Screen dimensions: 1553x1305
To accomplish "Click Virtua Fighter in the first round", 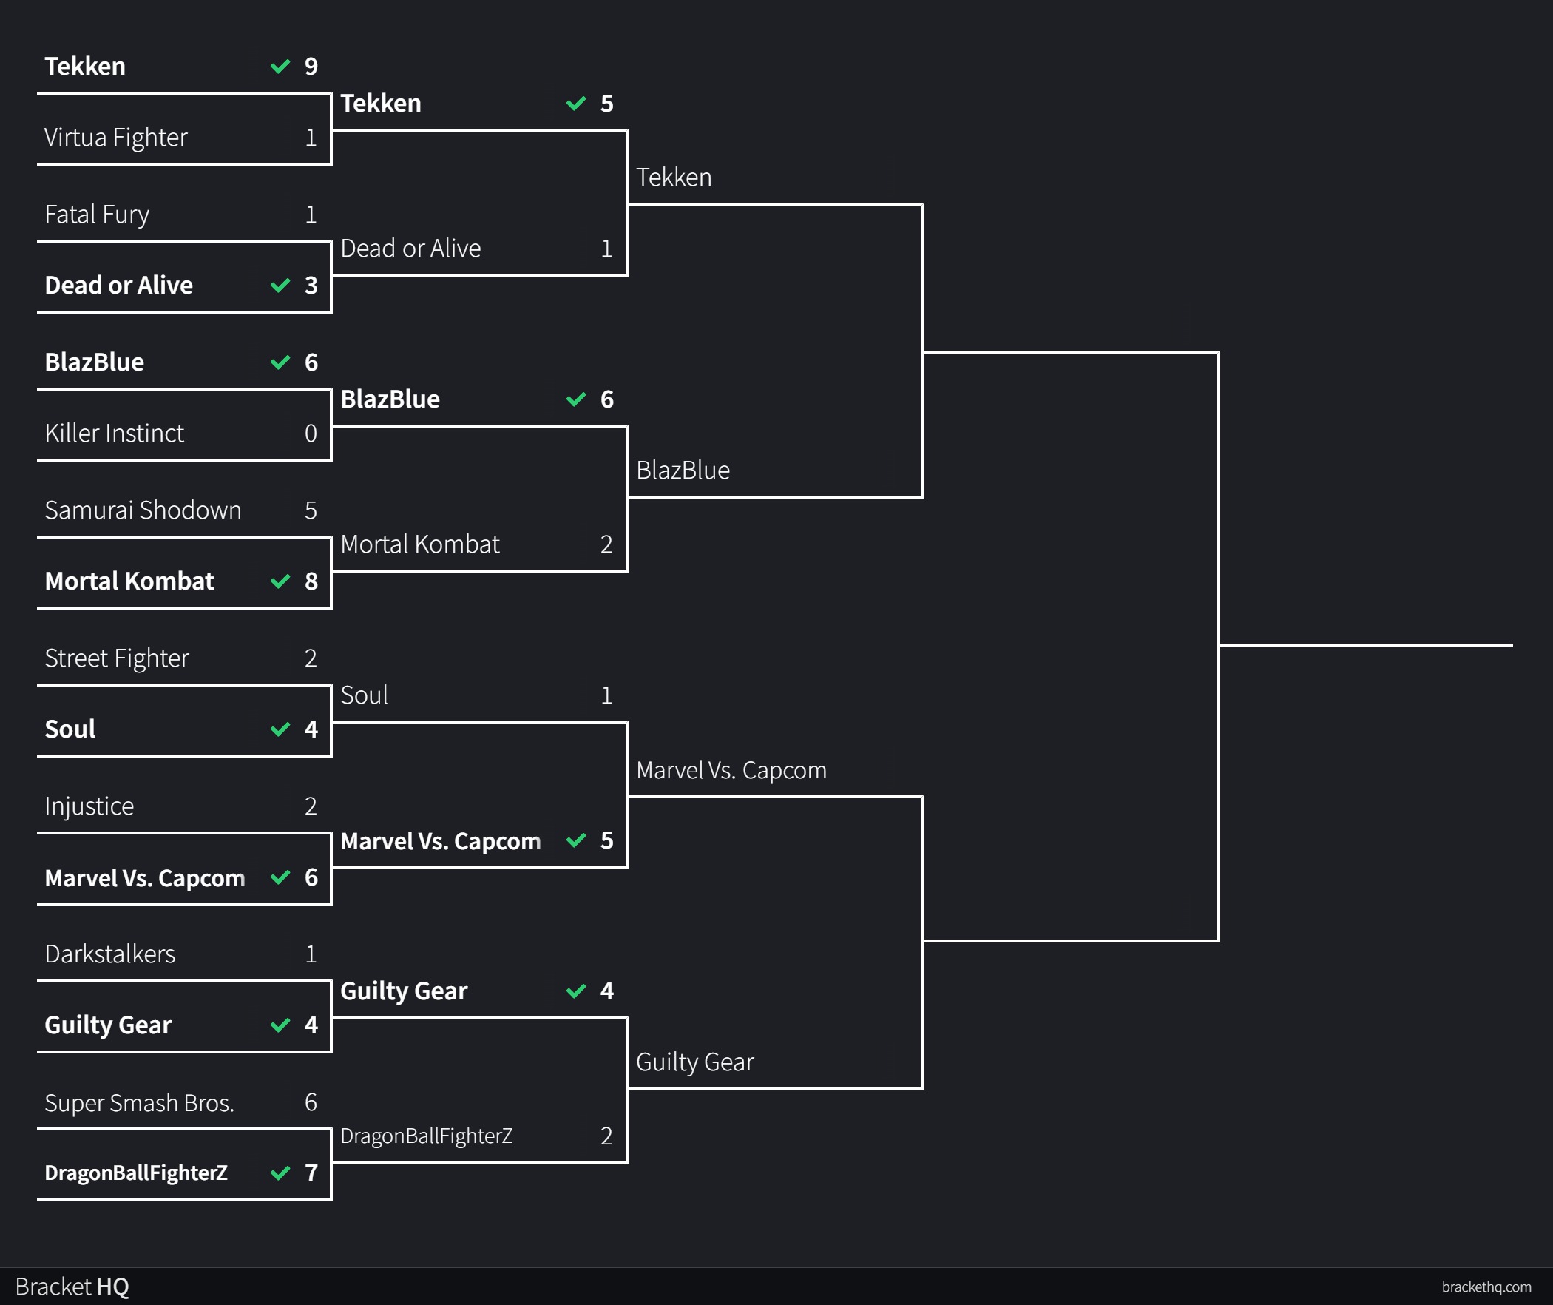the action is click(x=116, y=138).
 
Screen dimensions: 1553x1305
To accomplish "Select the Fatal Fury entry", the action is click(x=97, y=215).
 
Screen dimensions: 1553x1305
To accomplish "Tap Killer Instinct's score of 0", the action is click(x=311, y=434).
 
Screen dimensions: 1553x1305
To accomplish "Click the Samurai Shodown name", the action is click(x=143, y=510).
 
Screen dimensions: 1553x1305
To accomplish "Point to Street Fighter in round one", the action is click(x=117, y=658).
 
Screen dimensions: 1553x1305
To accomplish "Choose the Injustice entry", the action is click(x=89, y=806).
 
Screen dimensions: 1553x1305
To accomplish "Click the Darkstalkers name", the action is click(x=110, y=954).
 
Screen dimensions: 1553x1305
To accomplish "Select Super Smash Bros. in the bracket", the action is click(x=139, y=1103).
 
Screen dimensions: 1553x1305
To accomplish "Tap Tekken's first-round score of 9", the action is click(x=311, y=67).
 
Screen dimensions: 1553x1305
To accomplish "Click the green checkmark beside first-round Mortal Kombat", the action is click(x=280, y=581).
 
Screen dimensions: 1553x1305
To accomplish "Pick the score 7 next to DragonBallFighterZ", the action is click(x=311, y=1173).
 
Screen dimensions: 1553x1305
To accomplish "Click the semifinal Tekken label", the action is click(x=674, y=178).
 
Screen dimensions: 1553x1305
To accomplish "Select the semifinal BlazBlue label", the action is click(x=683, y=471).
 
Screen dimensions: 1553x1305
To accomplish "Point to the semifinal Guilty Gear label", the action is click(x=694, y=1062).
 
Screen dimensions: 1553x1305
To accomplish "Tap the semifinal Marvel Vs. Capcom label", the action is click(x=731, y=770).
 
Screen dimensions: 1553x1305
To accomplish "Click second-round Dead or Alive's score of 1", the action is click(x=606, y=249).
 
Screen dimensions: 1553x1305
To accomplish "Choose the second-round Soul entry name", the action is click(x=364, y=695).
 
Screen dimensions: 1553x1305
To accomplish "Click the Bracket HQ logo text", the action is click(x=72, y=1287).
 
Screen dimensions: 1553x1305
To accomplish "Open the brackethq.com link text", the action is click(x=1486, y=1287).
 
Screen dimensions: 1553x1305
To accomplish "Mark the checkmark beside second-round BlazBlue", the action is click(x=576, y=399).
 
